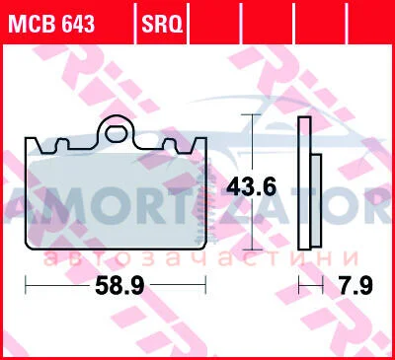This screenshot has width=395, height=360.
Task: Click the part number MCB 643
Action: [51, 23]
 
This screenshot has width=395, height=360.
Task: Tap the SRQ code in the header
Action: [162, 24]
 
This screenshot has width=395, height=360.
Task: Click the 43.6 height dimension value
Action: [251, 187]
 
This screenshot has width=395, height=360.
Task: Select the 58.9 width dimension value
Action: [119, 286]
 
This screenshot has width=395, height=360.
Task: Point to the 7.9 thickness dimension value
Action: [356, 285]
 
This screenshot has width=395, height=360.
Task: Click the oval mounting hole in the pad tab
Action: [117, 134]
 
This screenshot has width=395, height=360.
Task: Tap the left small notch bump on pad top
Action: [62, 145]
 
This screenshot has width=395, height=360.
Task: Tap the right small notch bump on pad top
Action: [171, 145]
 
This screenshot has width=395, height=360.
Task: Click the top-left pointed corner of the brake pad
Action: [27, 138]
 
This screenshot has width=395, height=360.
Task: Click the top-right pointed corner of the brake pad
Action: [205, 138]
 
